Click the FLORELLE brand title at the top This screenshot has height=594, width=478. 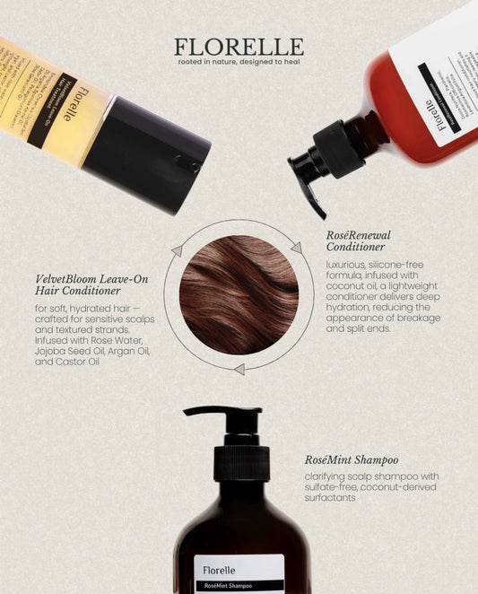click(239, 47)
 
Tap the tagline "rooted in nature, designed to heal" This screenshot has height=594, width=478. click(239, 65)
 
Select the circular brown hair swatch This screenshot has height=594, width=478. click(239, 294)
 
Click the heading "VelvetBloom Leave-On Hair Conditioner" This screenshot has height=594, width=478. click(86, 284)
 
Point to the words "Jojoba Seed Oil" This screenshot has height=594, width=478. click(65, 353)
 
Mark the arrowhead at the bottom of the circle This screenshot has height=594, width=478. click(238, 369)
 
